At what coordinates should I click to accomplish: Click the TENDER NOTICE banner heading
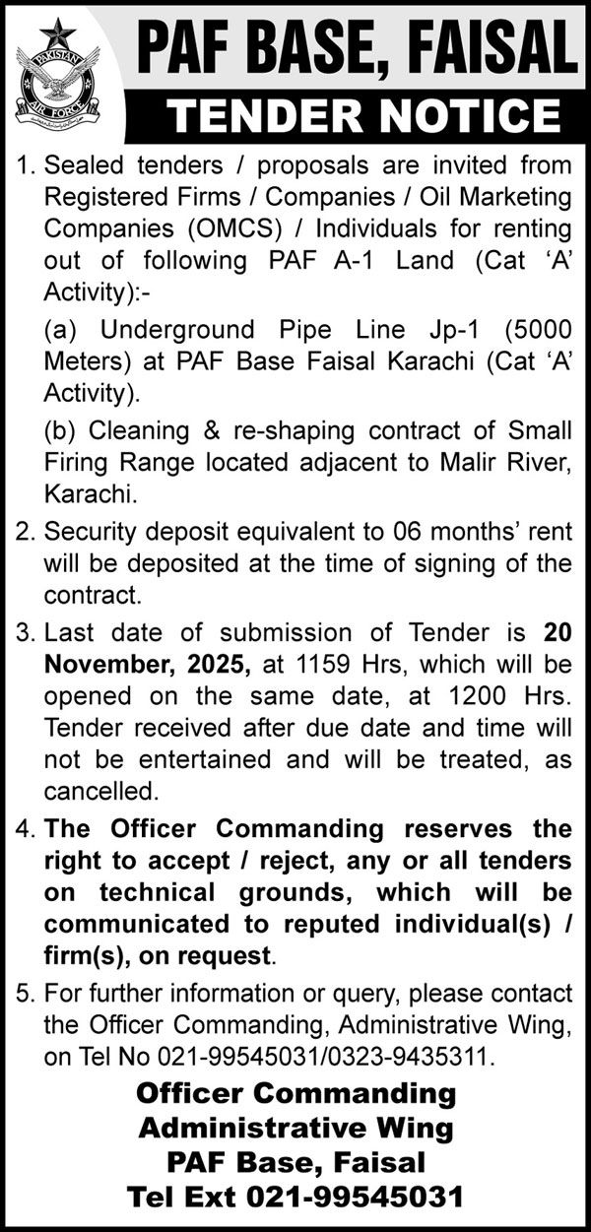click(364, 116)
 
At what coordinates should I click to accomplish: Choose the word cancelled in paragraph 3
click(99, 791)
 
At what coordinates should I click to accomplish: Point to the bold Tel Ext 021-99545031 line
click(295, 1198)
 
